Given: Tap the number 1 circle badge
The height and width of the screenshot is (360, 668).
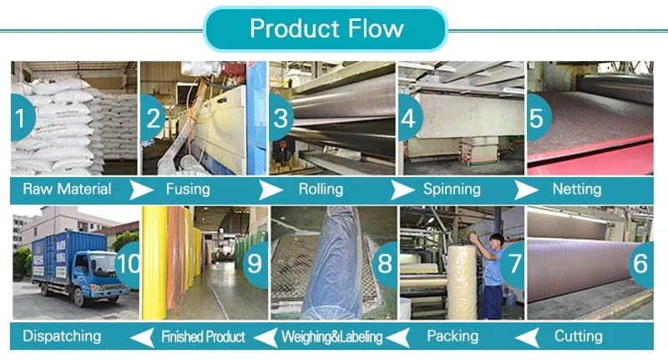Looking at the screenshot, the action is point(23,118).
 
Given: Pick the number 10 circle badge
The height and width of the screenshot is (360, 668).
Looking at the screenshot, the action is point(128,264).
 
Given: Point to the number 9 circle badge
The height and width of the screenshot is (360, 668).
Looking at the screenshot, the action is point(255,264).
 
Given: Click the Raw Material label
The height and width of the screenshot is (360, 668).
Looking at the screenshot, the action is point(67,189).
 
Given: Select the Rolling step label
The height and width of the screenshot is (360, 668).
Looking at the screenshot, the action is point(321,189).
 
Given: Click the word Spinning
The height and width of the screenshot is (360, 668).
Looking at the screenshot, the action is point(452,189).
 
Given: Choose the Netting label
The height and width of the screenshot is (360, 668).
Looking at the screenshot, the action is point(579,189).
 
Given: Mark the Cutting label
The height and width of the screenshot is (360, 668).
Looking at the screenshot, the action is point(578,336).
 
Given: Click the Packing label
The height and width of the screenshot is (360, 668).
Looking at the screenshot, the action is point(453,336).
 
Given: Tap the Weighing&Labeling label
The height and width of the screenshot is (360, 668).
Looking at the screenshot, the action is point(331,337).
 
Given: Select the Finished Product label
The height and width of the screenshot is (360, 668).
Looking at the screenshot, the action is point(203,337).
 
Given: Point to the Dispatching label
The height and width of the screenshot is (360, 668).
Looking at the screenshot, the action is point(62,336).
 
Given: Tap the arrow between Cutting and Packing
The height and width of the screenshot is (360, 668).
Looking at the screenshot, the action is point(524,337).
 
